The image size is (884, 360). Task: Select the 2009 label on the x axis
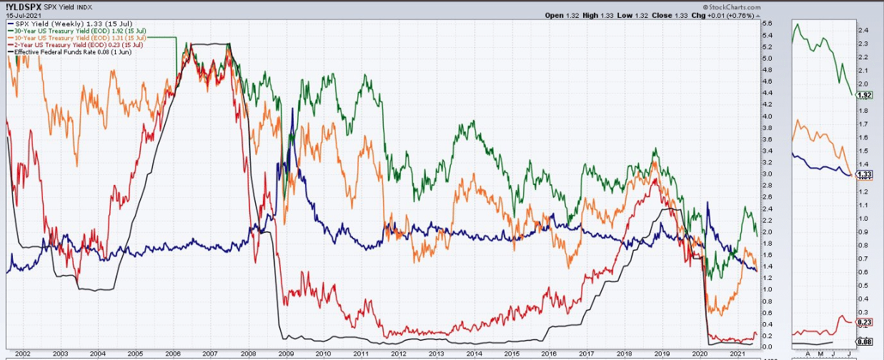286,354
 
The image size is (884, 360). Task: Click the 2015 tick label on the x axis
512,354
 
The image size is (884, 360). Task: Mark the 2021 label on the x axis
738,354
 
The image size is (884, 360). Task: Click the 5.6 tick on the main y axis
767,24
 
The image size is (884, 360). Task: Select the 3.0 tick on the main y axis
767,174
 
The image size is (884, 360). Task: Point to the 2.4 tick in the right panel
863,31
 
